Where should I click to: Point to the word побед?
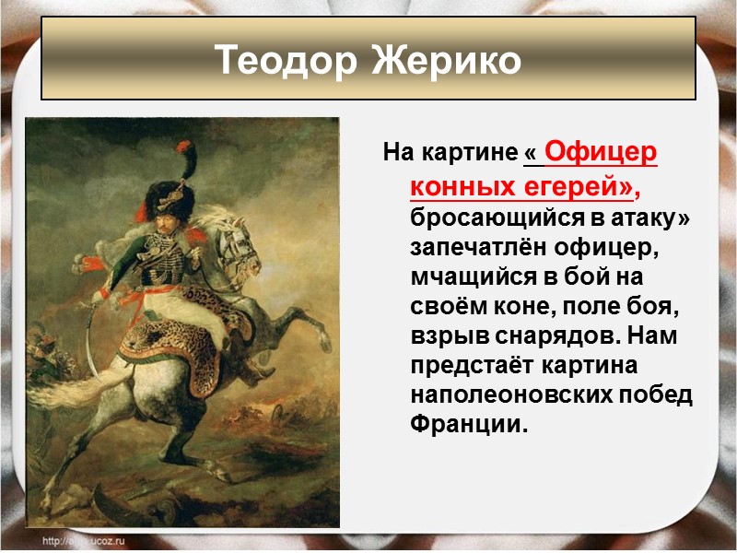pyautogui.click(x=661, y=396)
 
